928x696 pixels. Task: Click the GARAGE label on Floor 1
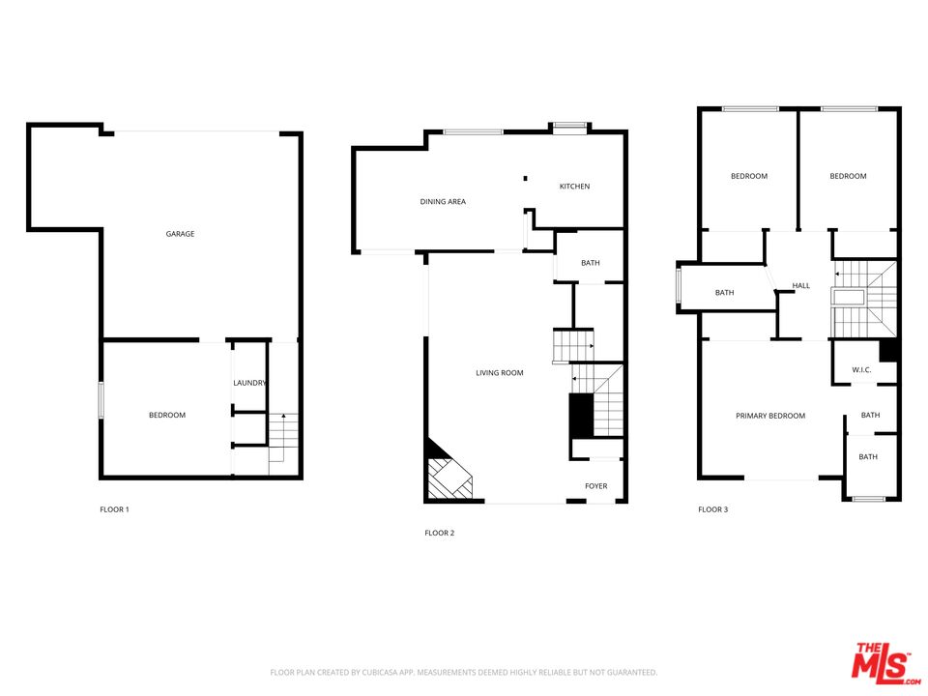180,234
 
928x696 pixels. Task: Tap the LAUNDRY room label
249,383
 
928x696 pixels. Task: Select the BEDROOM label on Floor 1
167,416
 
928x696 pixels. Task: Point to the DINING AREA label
443,202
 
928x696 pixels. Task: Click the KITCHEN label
574,187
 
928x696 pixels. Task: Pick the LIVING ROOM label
500,373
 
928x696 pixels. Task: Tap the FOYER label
596,486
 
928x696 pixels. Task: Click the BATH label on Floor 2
591,264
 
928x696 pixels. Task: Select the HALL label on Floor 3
801,286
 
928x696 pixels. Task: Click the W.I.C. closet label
861,370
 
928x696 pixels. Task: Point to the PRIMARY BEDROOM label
770,417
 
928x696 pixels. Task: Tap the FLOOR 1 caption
114,509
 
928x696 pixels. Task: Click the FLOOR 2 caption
439,533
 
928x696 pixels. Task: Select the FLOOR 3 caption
712,509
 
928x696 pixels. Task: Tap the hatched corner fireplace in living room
447,477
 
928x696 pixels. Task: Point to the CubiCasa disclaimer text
463,672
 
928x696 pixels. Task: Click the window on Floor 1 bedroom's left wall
101,400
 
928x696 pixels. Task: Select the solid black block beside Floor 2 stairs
580,416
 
